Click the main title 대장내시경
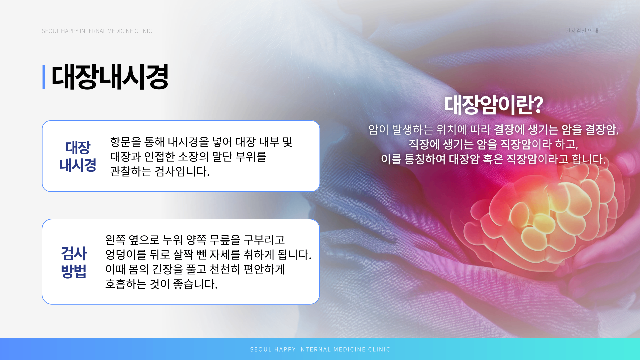point(110,77)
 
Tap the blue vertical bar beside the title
point(44,77)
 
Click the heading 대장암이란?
point(493,105)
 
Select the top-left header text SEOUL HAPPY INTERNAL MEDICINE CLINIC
point(97,31)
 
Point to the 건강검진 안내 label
point(582,31)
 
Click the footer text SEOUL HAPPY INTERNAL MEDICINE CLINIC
point(320,349)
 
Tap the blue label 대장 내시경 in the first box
point(78,156)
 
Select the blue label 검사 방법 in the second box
point(74,262)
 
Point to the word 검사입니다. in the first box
point(182,171)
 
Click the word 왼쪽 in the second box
point(115,240)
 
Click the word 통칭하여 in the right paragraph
point(425,159)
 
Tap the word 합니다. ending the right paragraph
point(588,159)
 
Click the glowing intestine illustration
point(540,220)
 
